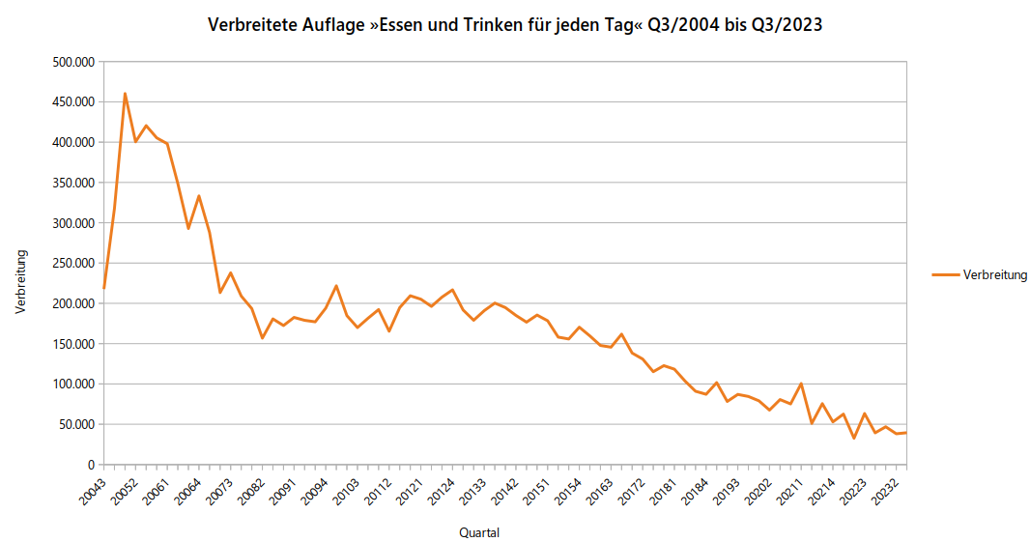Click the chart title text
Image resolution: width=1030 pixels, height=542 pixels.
coord(515,25)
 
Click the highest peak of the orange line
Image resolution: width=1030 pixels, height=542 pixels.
coord(125,94)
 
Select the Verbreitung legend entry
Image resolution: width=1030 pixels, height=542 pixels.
coord(994,275)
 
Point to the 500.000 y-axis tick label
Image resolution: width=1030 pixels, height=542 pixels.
coord(72,62)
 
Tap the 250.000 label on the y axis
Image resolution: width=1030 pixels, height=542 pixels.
coord(72,263)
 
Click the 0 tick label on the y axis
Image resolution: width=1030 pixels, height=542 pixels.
coord(88,465)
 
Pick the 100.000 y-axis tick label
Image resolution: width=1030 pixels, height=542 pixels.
coord(72,385)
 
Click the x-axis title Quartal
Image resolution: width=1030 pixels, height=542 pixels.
coord(479,532)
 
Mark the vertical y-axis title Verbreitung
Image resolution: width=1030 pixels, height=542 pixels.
coord(20,281)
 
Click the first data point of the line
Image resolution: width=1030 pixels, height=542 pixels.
coord(104,288)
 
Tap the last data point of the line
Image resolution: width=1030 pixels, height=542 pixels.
coord(906,432)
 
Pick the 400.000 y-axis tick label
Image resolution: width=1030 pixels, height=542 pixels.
coord(72,142)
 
